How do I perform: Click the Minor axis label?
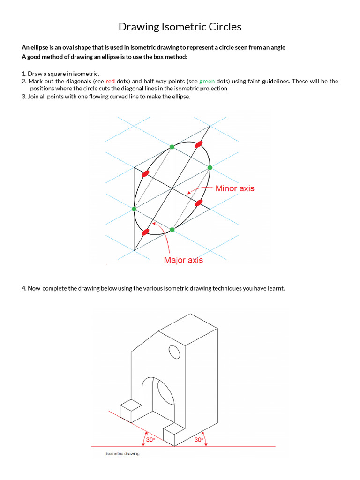pyautogui.click(x=235, y=188)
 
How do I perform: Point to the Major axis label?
pyautogui.click(x=183, y=260)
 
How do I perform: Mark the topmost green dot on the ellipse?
pyautogui.click(x=172, y=147)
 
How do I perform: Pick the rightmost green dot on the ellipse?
pyautogui.click(x=210, y=167)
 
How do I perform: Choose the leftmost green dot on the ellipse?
pyautogui.click(x=134, y=209)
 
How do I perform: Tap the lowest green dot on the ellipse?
pyautogui.click(x=172, y=230)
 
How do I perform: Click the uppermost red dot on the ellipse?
pyautogui.click(x=199, y=144)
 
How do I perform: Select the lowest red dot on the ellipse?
pyautogui.click(x=145, y=232)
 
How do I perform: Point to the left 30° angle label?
pyautogui.click(x=150, y=440)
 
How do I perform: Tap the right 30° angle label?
pyautogui.click(x=199, y=440)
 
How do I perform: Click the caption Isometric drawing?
pyautogui.click(x=122, y=454)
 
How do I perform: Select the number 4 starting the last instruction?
pyautogui.click(x=23, y=288)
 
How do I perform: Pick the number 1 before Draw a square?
pyautogui.click(x=23, y=74)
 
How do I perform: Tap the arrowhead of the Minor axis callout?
pyautogui.click(x=188, y=192)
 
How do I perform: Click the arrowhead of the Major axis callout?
pyautogui.click(x=153, y=224)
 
